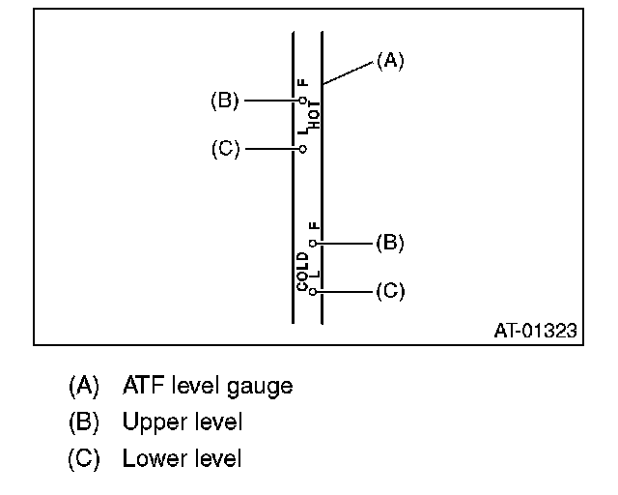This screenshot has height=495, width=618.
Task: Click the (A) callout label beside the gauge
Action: [x=389, y=61]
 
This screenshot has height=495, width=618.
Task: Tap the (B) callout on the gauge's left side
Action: [x=224, y=99]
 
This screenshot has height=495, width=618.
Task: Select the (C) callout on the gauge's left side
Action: [x=224, y=149]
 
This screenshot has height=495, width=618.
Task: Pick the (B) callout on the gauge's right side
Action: [x=389, y=243]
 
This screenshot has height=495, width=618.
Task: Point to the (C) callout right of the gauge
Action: [x=389, y=290]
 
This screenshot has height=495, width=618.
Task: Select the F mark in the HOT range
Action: [x=303, y=83]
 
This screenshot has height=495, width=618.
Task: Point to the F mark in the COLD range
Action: [x=313, y=226]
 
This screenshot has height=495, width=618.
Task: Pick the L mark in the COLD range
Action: [x=314, y=274]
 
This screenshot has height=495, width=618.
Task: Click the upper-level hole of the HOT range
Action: [x=302, y=99]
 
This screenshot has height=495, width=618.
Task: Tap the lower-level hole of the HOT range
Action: [x=302, y=149]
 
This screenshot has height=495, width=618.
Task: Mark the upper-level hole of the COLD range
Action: [x=313, y=244]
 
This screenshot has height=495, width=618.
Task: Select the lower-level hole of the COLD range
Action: [x=313, y=290]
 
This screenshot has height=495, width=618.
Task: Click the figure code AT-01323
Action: [x=535, y=331]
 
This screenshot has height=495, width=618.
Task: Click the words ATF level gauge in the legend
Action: [x=208, y=387]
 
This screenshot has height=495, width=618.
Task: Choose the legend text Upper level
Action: [x=183, y=422]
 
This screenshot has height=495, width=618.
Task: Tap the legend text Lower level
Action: [x=183, y=458]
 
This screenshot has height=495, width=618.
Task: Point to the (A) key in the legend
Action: [x=84, y=387]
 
